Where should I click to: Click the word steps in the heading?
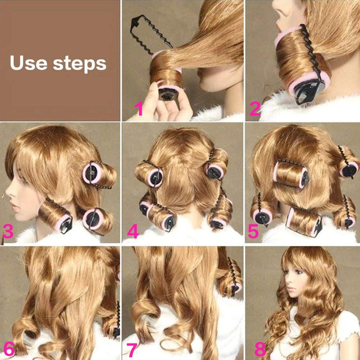(x=80, y=64)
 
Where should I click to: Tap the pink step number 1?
(x=139, y=109)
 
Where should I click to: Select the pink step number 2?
(x=255, y=109)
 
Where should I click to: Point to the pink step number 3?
(x=8, y=231)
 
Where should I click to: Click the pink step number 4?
(x=133, y=231)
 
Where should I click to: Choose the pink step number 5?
(x=254, y=231)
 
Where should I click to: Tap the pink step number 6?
(x=9, y=349)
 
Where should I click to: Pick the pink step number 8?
(x=260, y=349)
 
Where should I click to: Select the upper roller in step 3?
(x=99, y=175)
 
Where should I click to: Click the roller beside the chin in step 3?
(x=55, y=216)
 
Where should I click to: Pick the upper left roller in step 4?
(x=149, y=173)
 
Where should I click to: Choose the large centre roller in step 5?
(x=291, y=174)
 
